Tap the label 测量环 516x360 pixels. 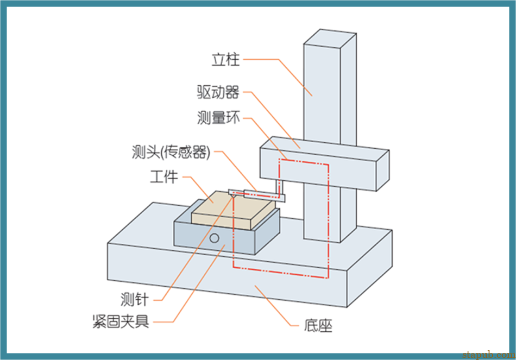(x=218, y=118)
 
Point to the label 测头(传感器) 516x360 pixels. (x=171, y=153)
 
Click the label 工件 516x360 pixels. (x=163, y=177)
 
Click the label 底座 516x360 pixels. (x=318, y=326)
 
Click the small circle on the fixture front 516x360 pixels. (x=215, y=238)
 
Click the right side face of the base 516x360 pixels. (x=369, y=266)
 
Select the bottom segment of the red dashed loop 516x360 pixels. (x=280, y=273)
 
